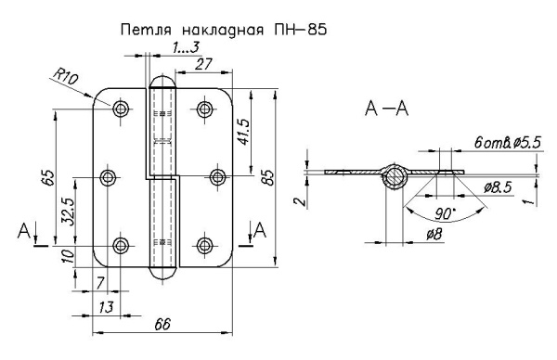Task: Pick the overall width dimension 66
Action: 163,324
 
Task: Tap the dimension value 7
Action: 99,281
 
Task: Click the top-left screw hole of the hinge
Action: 122,109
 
